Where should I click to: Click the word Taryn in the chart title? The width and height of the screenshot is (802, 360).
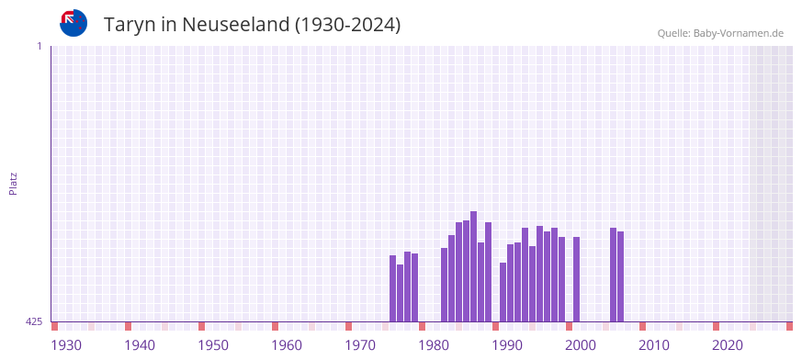[x=130, y=25]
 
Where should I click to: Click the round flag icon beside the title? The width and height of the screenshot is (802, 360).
[x=73, y=23]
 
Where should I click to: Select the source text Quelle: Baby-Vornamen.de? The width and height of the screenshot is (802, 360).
[x=720, y=33]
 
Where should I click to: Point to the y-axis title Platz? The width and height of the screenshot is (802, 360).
[x=13, y=183]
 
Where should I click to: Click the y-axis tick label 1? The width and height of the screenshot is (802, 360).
[x=39, y=46]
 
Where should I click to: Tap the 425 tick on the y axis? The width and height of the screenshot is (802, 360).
[x=34, y=321]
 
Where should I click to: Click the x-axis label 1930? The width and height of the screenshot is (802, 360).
[x=66, y=345]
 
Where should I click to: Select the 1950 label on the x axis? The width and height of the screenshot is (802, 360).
[x=213, y=345]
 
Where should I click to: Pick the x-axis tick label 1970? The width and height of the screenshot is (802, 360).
[x=360, y=345]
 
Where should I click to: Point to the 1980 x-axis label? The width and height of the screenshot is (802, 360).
[x=434, y=345]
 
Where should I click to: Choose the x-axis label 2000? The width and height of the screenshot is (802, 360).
[x=581, y=345]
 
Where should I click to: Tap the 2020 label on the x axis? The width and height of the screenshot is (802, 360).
[x=728, y=345]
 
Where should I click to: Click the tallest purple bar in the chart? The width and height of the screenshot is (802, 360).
[x=473, y=266]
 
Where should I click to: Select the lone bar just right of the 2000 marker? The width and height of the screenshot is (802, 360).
[x=576, y=279]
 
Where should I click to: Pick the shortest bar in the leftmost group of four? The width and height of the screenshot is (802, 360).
[x=400, y=293]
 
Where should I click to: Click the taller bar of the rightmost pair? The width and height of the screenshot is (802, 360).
[x=613, y=275]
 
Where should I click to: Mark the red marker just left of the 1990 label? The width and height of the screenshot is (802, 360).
[x=495, y=326]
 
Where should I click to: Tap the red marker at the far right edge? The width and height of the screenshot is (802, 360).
[x=789, y=326]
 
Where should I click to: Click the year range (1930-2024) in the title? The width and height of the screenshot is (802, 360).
[x=347, y=25]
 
